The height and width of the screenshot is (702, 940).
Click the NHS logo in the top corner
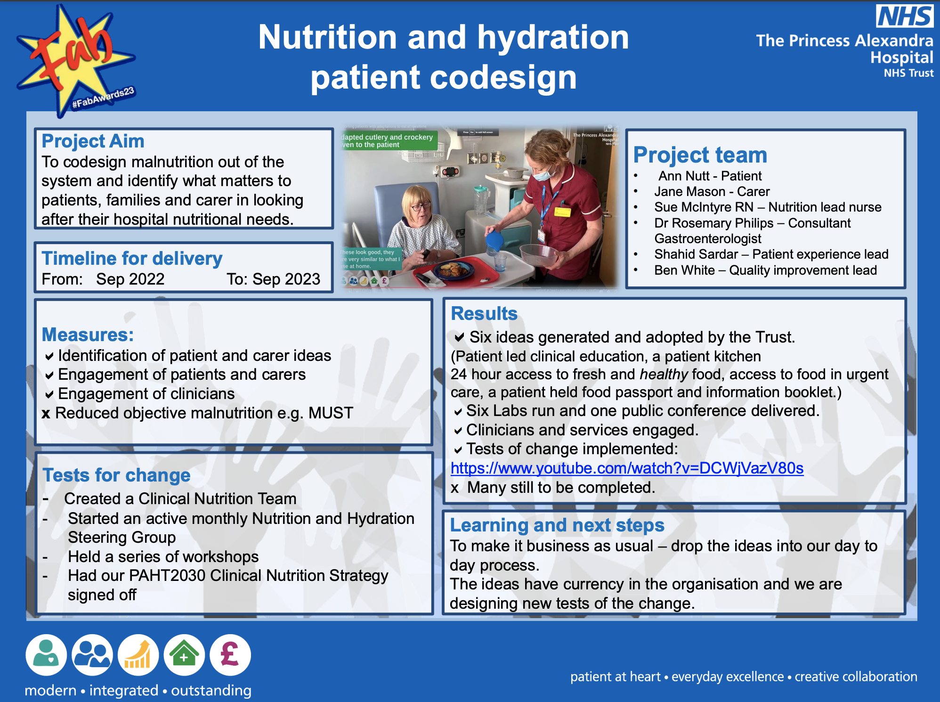pos(904,16)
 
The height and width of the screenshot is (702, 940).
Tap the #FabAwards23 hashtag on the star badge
pos(103,98)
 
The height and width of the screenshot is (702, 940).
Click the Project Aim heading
pos(93,141)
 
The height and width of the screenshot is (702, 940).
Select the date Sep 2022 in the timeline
pos(130,279)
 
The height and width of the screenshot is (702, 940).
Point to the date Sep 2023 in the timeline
pos(286,279)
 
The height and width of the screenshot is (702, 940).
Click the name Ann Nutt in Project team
pos(684,176)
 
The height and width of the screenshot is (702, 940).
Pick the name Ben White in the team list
pos(684,270)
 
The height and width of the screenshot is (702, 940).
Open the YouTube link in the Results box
pos(627,468)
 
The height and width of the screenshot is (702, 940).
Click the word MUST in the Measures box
pos(331,413)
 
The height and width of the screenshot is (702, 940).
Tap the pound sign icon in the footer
pos(230,655)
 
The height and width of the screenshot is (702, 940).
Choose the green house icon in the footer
pos(184,655)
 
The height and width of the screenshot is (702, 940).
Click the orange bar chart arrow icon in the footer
pos(138,655)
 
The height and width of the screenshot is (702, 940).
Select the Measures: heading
pos(88,335)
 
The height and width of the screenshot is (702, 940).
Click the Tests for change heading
pos(116,475)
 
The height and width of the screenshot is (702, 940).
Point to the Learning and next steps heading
pos(557,525)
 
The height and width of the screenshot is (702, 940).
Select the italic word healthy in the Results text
pos(664,374)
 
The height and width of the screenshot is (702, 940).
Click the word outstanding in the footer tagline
pos(211,690)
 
